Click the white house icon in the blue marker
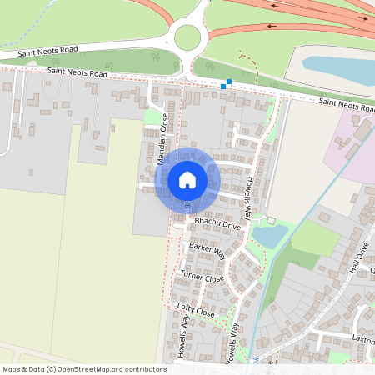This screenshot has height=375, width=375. tap(187, 180)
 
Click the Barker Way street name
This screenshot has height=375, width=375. tap(207, 248)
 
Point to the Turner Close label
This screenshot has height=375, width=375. tap(202, 277)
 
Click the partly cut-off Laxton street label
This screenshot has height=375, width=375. tap(363, 340)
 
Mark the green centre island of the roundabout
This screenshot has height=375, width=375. tap(187, 37)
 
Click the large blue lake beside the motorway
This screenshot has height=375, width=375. tap(337, 70)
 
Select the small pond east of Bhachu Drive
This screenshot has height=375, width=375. tap(268, 236)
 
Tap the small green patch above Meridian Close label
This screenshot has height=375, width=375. tap(152, 117)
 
